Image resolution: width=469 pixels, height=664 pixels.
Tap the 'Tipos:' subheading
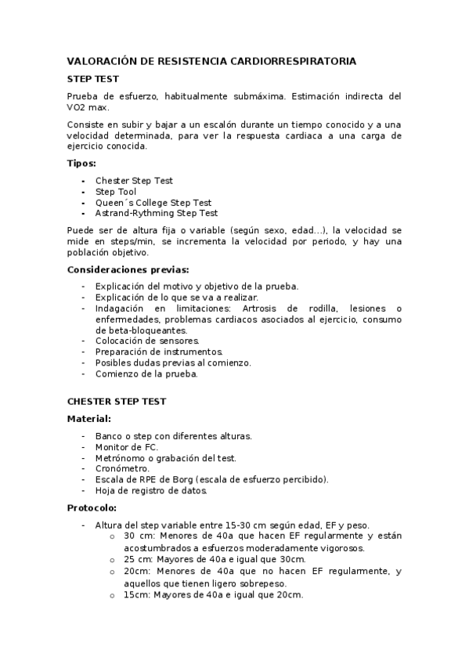(81, 164)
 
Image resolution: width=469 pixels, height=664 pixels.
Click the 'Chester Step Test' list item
(134, 181)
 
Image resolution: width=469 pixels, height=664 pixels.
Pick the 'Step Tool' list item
(116, 192)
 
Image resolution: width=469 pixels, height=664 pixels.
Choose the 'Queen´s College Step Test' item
(153, 203)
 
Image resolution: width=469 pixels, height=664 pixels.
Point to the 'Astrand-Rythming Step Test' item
(157, 213)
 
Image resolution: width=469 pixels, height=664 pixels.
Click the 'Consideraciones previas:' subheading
(128, 269)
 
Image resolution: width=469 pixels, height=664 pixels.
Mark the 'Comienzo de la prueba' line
(146, 373)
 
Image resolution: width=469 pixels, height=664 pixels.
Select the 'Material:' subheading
(89, 419)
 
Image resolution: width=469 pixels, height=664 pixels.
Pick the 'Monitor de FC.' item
(126, 446)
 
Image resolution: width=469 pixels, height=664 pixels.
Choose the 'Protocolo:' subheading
(92, 508)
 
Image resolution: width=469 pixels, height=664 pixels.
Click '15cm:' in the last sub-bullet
(136, 595)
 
